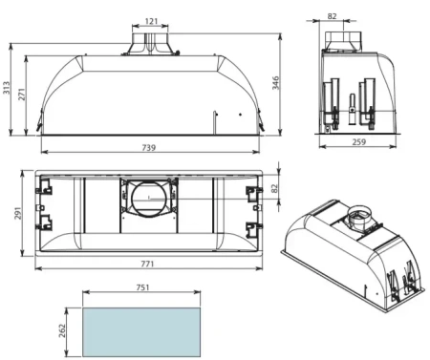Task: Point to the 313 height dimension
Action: (8, 90)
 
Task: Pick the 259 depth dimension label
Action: (357, 141)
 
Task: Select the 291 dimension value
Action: (18, 213)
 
